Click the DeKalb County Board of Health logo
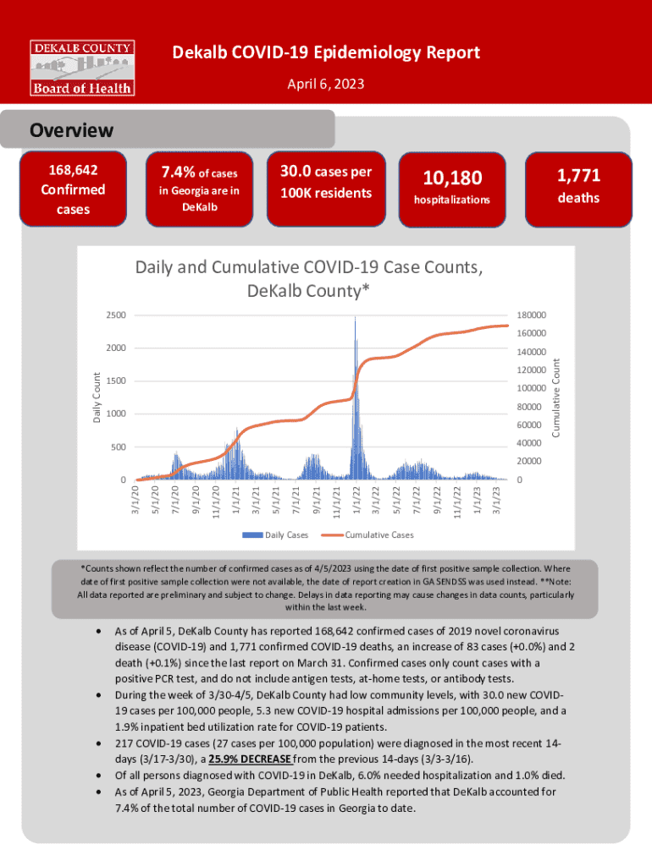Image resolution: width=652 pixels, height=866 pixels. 82,67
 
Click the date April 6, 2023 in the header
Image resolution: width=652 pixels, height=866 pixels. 326,85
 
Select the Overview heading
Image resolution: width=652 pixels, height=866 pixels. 72,130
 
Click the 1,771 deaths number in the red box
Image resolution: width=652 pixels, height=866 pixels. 578,176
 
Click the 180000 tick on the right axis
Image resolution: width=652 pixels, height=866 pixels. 530,315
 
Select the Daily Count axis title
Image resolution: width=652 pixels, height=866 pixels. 97,397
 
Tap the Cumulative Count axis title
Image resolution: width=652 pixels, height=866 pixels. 556,397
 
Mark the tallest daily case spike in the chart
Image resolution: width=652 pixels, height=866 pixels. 355,320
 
